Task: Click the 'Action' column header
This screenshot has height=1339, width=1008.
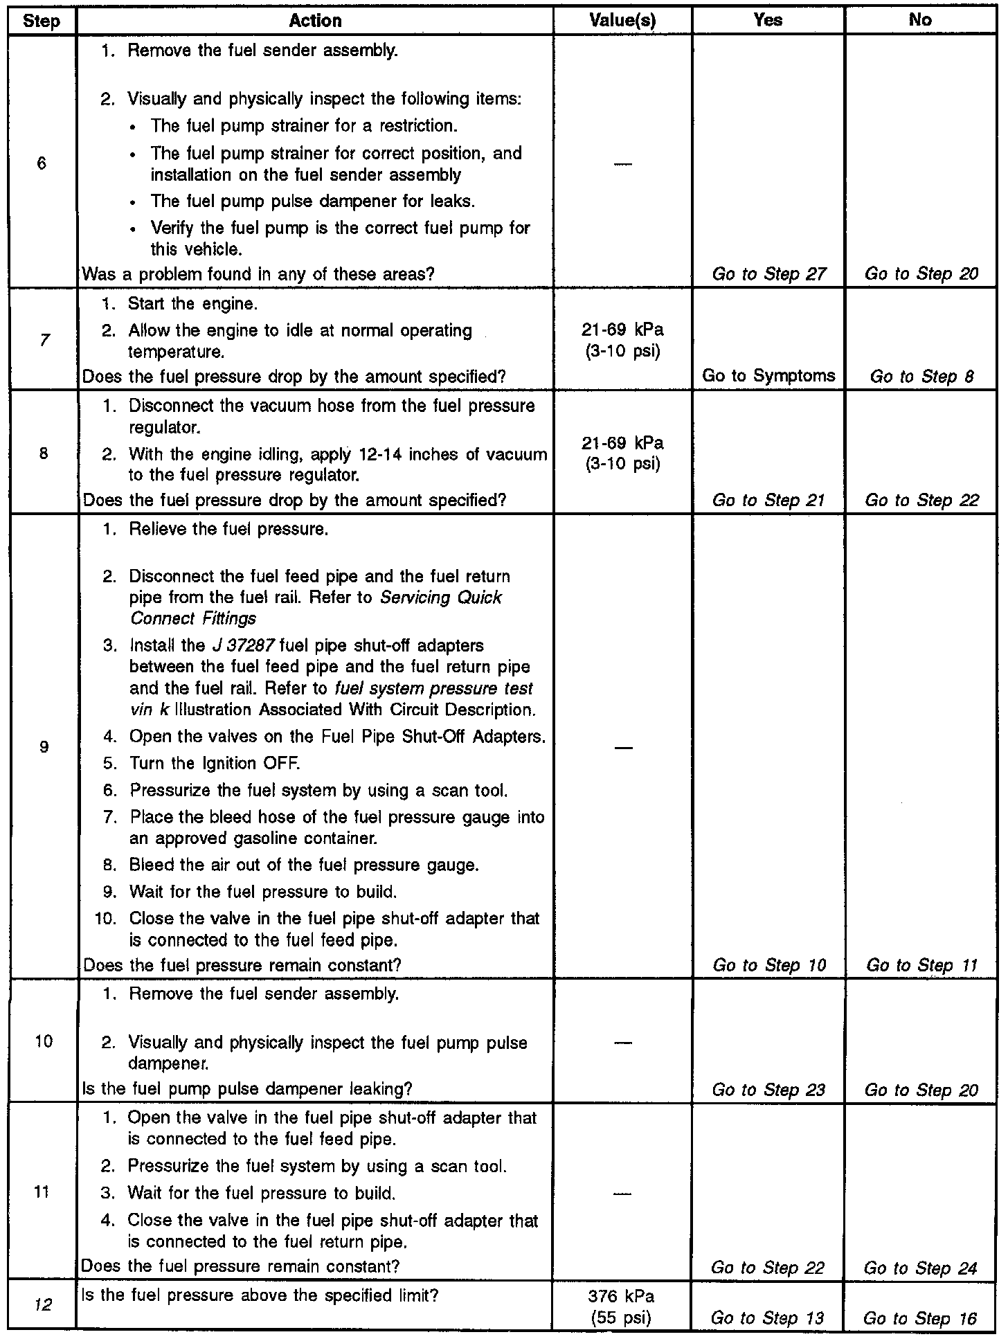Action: coord(315,21)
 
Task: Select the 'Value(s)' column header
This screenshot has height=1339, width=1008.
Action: coord(622,21)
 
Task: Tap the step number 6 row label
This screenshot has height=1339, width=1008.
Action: coord(42,163)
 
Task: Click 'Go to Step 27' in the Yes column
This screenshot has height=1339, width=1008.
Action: coord(768,274)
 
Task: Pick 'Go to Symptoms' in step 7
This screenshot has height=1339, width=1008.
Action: coord(768,376)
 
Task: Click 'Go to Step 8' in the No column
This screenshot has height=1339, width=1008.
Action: coord(921,377)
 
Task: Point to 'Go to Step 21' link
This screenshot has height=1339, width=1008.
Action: coord(768,501)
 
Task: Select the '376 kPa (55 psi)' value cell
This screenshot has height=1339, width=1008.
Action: coord(622,1306)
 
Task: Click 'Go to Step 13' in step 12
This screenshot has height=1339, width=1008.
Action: coord(768,1318)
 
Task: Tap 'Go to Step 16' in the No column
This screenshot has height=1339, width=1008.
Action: coord(920,1318)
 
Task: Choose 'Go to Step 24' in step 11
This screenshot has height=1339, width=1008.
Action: coord(920,1268)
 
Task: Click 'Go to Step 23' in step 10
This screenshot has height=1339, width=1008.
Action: coord(768,1090)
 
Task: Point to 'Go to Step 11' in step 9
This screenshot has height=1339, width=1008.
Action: coord(921,965)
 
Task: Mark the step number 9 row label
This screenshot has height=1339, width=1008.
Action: coord(44,747)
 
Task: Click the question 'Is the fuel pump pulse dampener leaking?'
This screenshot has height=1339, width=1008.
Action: coord(246,1089)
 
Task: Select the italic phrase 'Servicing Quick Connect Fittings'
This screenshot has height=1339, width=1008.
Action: coord(316,608)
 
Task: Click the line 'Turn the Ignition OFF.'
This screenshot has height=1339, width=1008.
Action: coord(215,764)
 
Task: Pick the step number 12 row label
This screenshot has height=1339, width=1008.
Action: coord(43,1305)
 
